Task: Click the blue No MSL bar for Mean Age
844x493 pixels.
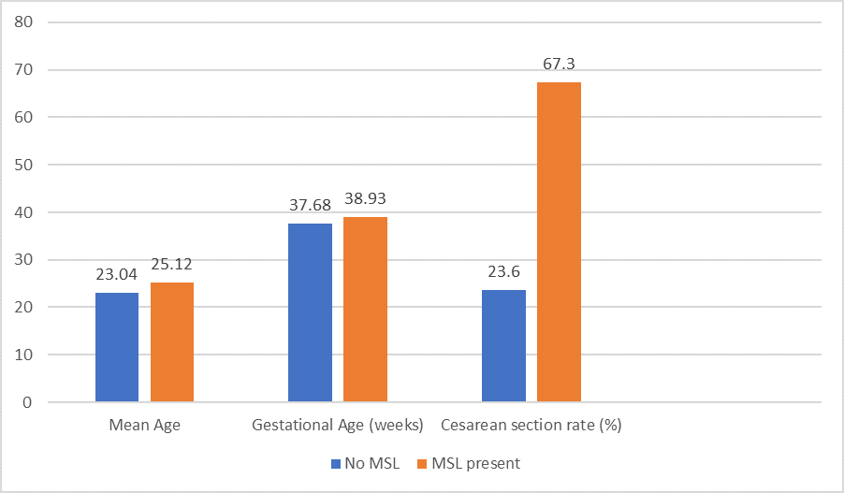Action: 117,347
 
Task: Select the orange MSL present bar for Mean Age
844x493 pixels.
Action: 171,342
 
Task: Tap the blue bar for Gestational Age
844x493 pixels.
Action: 310,312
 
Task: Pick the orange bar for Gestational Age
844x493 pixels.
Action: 365,310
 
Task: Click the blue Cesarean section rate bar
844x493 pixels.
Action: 503,346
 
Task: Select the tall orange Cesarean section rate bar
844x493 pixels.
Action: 559,242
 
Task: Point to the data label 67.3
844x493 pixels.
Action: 559,65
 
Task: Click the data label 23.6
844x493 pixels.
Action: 503,273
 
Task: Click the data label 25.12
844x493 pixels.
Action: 171,266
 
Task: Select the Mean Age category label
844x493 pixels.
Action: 144,426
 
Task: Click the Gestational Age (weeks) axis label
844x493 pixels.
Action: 337,426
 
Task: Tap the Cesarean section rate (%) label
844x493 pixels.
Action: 531,426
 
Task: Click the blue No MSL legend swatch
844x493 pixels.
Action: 336,463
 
